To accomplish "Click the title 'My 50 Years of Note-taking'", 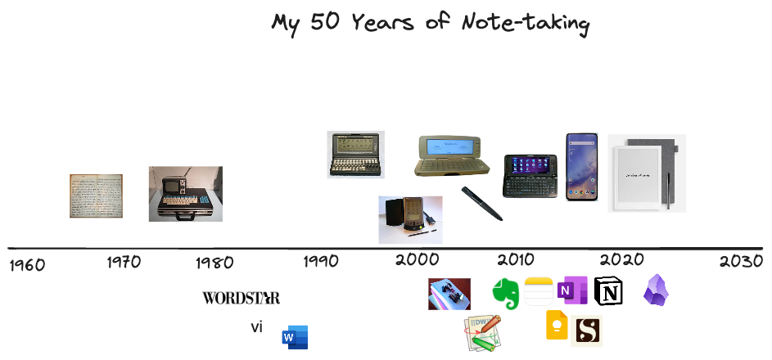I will (430, 23).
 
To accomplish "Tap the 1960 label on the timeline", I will (26, 265).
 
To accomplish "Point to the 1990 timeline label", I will (321, 262).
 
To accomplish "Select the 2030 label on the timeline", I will (741, 261).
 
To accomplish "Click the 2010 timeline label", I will (516, 261).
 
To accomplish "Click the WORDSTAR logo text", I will (241, 298).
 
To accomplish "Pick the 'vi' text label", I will (256, 327).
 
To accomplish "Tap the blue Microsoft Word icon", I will (295, 337).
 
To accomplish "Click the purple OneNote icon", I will (572, 290).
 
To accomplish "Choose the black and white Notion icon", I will (608, 290).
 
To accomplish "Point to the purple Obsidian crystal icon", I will (656, 290).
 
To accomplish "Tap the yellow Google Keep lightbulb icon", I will (557, 326).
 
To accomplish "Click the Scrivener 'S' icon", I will (586, 331).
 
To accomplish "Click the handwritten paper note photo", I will (96, 196).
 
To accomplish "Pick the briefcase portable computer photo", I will (185, 194).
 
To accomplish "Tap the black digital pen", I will (481, 204).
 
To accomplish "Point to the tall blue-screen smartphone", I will (582, 167).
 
